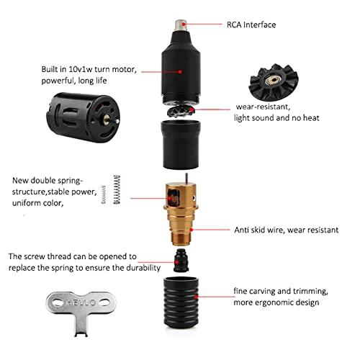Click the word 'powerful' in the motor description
[x=62, y=82]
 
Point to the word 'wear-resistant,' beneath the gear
[x=261, y=106]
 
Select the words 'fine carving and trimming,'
[x=281, y=291]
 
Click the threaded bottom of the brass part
[x=176, y=231]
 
